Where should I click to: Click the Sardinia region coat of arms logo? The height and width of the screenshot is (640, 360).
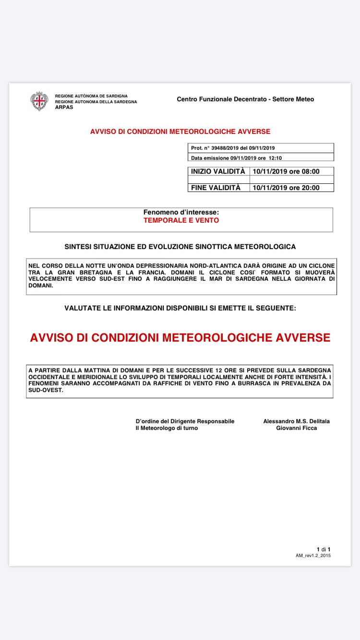point(39,101)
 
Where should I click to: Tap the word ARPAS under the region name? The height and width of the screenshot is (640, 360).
point(64,107)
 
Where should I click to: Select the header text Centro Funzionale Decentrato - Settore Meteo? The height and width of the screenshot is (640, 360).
point(245,99)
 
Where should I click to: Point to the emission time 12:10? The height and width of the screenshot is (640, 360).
point(275,157)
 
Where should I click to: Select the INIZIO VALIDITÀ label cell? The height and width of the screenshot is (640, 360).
point(218,171)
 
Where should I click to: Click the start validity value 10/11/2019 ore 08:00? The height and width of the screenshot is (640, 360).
point(286,171)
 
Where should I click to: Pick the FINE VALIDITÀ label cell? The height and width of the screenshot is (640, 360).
point(216,188)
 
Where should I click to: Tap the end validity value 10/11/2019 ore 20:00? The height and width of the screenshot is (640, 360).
point(286,188)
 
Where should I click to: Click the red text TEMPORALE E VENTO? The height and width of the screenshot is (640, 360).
point(181,221)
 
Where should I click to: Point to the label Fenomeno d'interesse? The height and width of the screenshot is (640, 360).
point(181,212)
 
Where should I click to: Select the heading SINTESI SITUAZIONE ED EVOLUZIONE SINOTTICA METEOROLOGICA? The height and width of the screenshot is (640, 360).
point(180,247)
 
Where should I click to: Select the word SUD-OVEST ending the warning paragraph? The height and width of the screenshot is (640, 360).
point(46,390)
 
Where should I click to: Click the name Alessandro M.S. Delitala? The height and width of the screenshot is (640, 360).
point(296,421)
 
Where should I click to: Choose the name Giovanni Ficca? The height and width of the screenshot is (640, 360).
point(296,428)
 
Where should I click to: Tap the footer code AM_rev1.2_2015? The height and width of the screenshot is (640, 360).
point(313,555)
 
